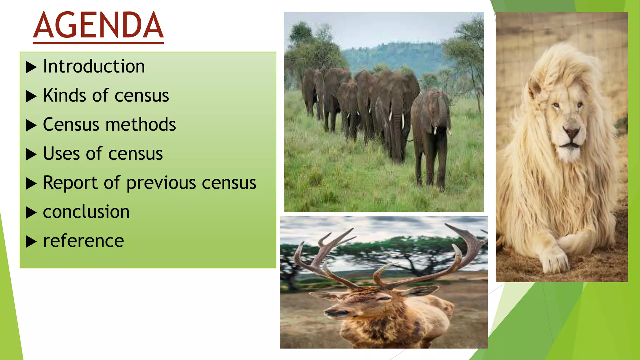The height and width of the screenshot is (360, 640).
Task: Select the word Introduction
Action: (94, 66)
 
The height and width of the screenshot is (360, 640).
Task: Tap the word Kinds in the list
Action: (64, 95)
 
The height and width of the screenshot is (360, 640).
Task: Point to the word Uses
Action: (61, 153)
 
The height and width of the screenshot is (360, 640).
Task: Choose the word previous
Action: (161, 183)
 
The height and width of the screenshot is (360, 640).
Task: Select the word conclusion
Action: (86, 212)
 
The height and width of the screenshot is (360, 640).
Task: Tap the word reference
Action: (83, 241)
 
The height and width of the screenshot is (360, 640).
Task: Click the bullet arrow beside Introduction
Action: (31, 67)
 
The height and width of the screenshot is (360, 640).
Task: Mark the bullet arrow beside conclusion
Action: (31, 212)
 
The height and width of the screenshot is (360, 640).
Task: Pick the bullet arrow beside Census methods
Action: (31, 125)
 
